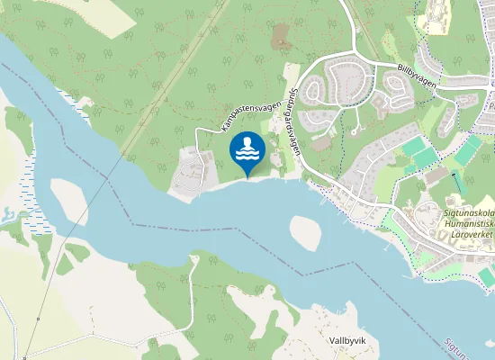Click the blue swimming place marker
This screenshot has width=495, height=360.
[x=247, y=150]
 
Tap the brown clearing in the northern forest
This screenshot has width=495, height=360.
[x=282, y=36]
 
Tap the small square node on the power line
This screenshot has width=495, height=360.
[x=25, y=355]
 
